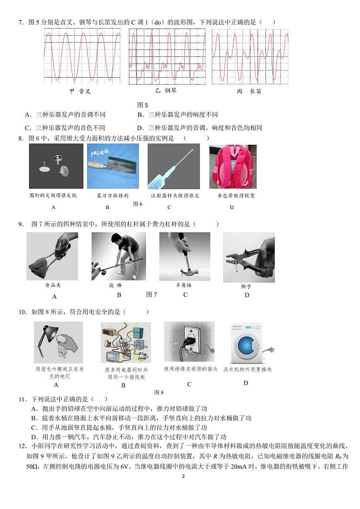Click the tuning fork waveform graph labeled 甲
[82, 56]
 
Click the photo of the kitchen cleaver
[107, 166]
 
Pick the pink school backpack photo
[233, 166]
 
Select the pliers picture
[248, 257]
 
